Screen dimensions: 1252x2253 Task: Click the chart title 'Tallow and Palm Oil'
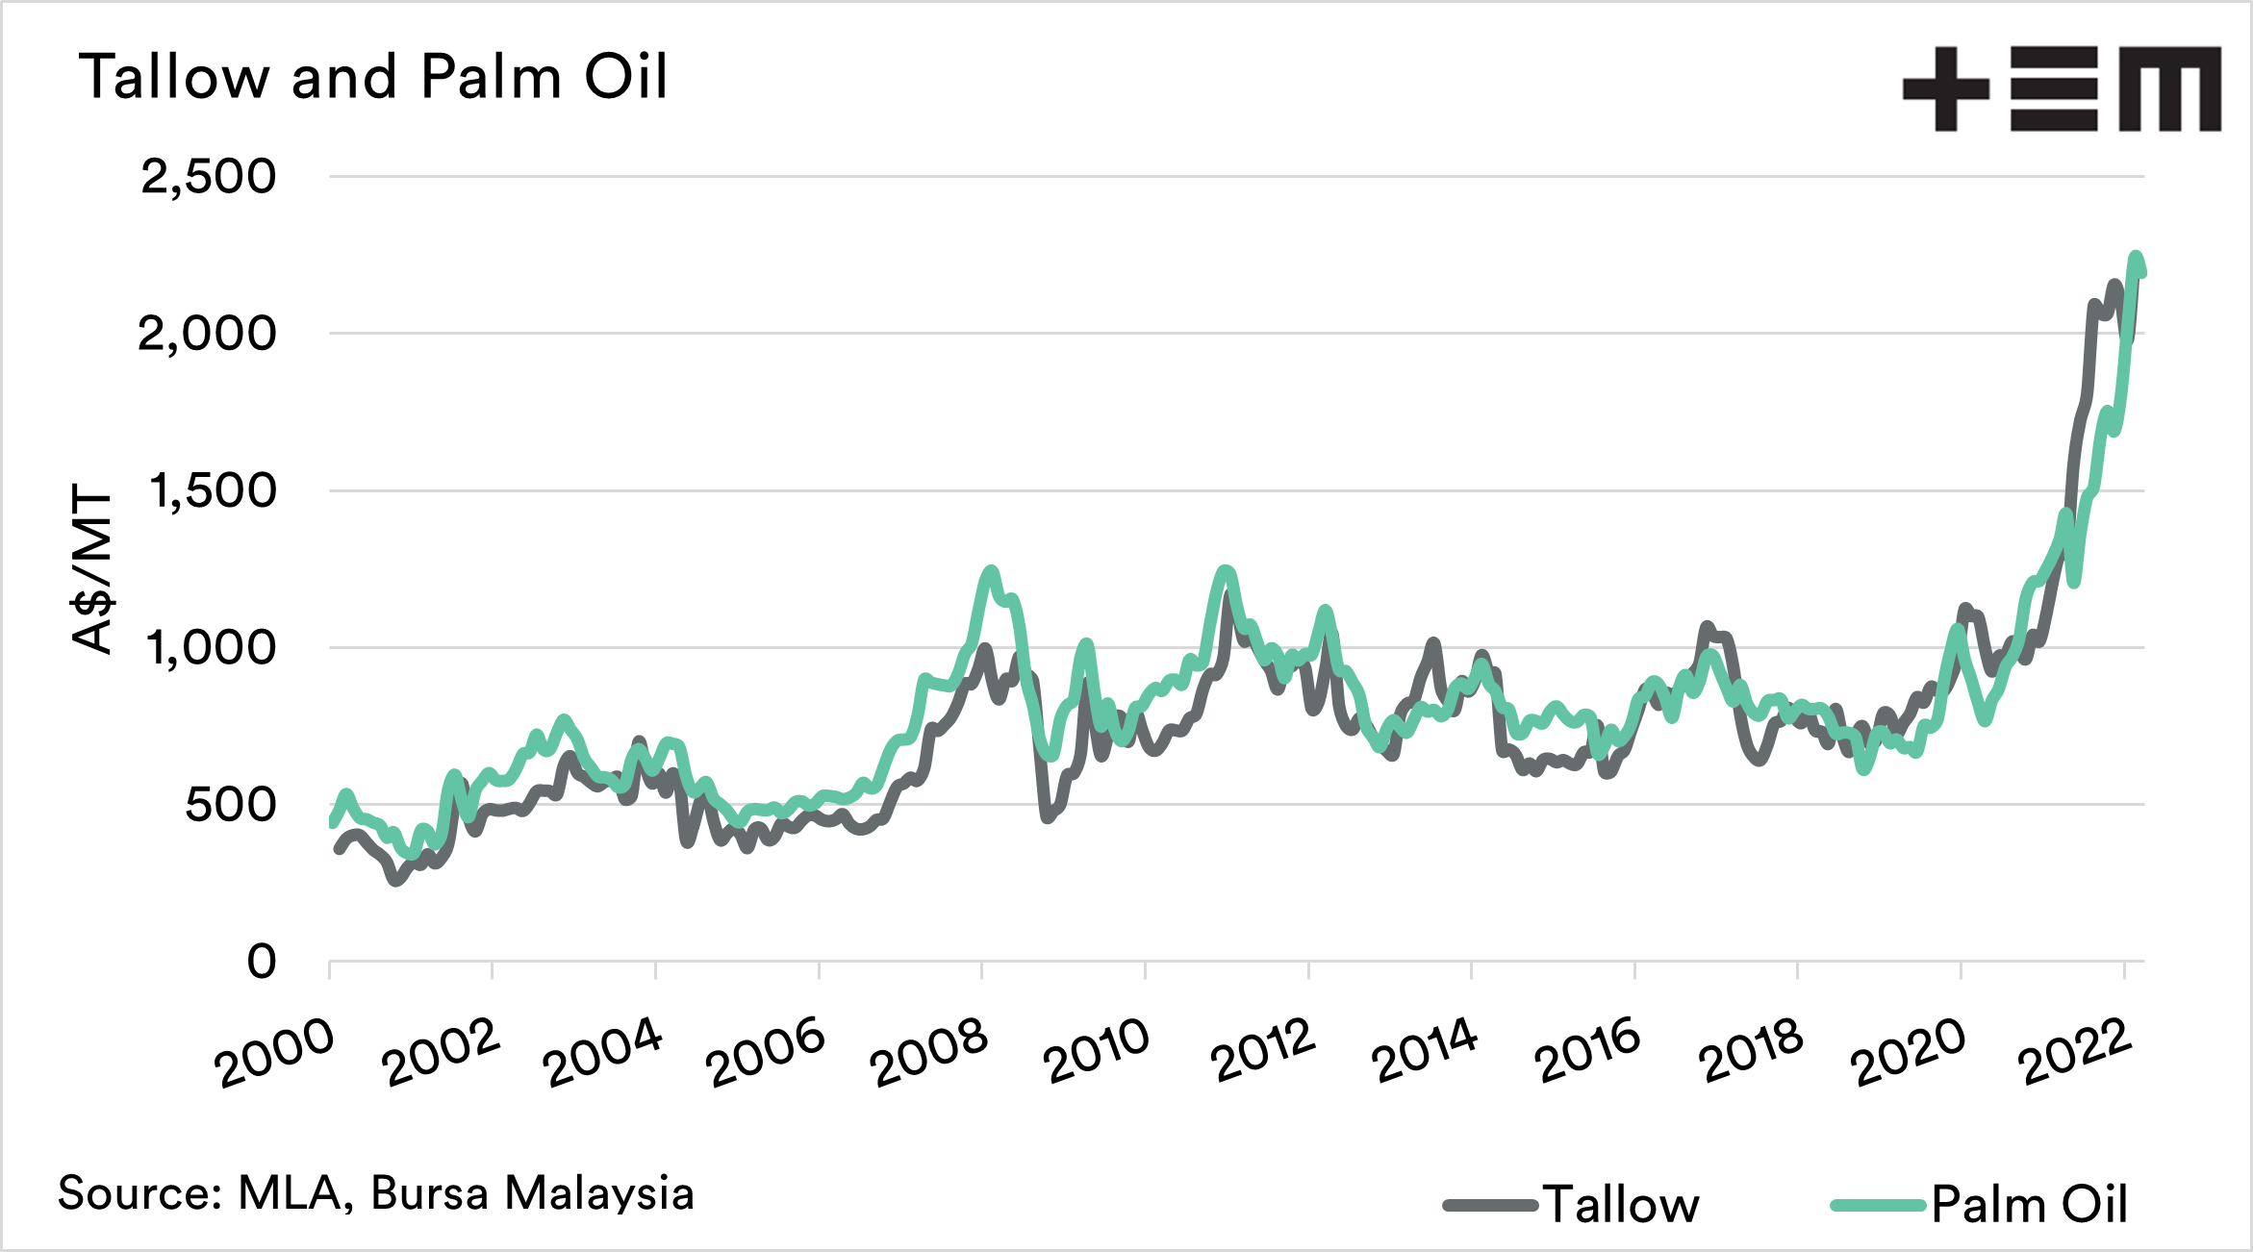[x=373, y=77]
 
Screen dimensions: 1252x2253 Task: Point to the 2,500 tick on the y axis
[x=209, y=177]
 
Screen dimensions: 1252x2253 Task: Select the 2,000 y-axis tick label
[x=207, y=335]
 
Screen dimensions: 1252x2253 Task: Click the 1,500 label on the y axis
[x=213, y=491]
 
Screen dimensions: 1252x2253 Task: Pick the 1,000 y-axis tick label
[x=211, y=648]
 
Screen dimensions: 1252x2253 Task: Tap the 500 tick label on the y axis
[x=231, y=805]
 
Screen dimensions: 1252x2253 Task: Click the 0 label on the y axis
[x=262, y=962]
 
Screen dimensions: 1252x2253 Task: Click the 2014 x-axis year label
[x=1425, y=1050]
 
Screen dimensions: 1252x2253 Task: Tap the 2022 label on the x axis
[x=2075, y=1051]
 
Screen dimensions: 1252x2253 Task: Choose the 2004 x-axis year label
[x=602, y=1053]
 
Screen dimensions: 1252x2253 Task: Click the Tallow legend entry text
[x=1622, y=1205]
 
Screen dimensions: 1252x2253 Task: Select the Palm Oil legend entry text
[x=2030, y=1205]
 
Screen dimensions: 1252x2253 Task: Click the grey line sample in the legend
[x=1490, y=1205]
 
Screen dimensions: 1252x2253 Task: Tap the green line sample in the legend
[x=1879, y=1205]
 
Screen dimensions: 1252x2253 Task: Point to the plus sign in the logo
[x=1945, y=89]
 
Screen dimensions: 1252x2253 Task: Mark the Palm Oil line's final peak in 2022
[x=2136, y=258]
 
